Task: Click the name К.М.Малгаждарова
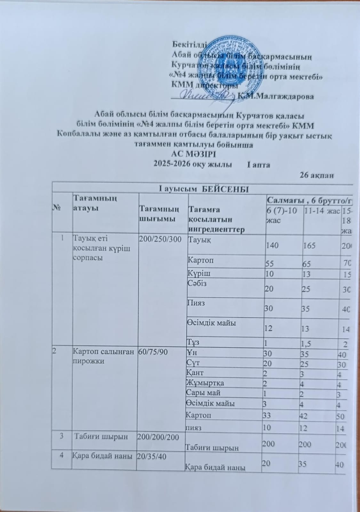277,96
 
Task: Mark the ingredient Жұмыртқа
205,383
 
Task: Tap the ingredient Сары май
203,392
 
